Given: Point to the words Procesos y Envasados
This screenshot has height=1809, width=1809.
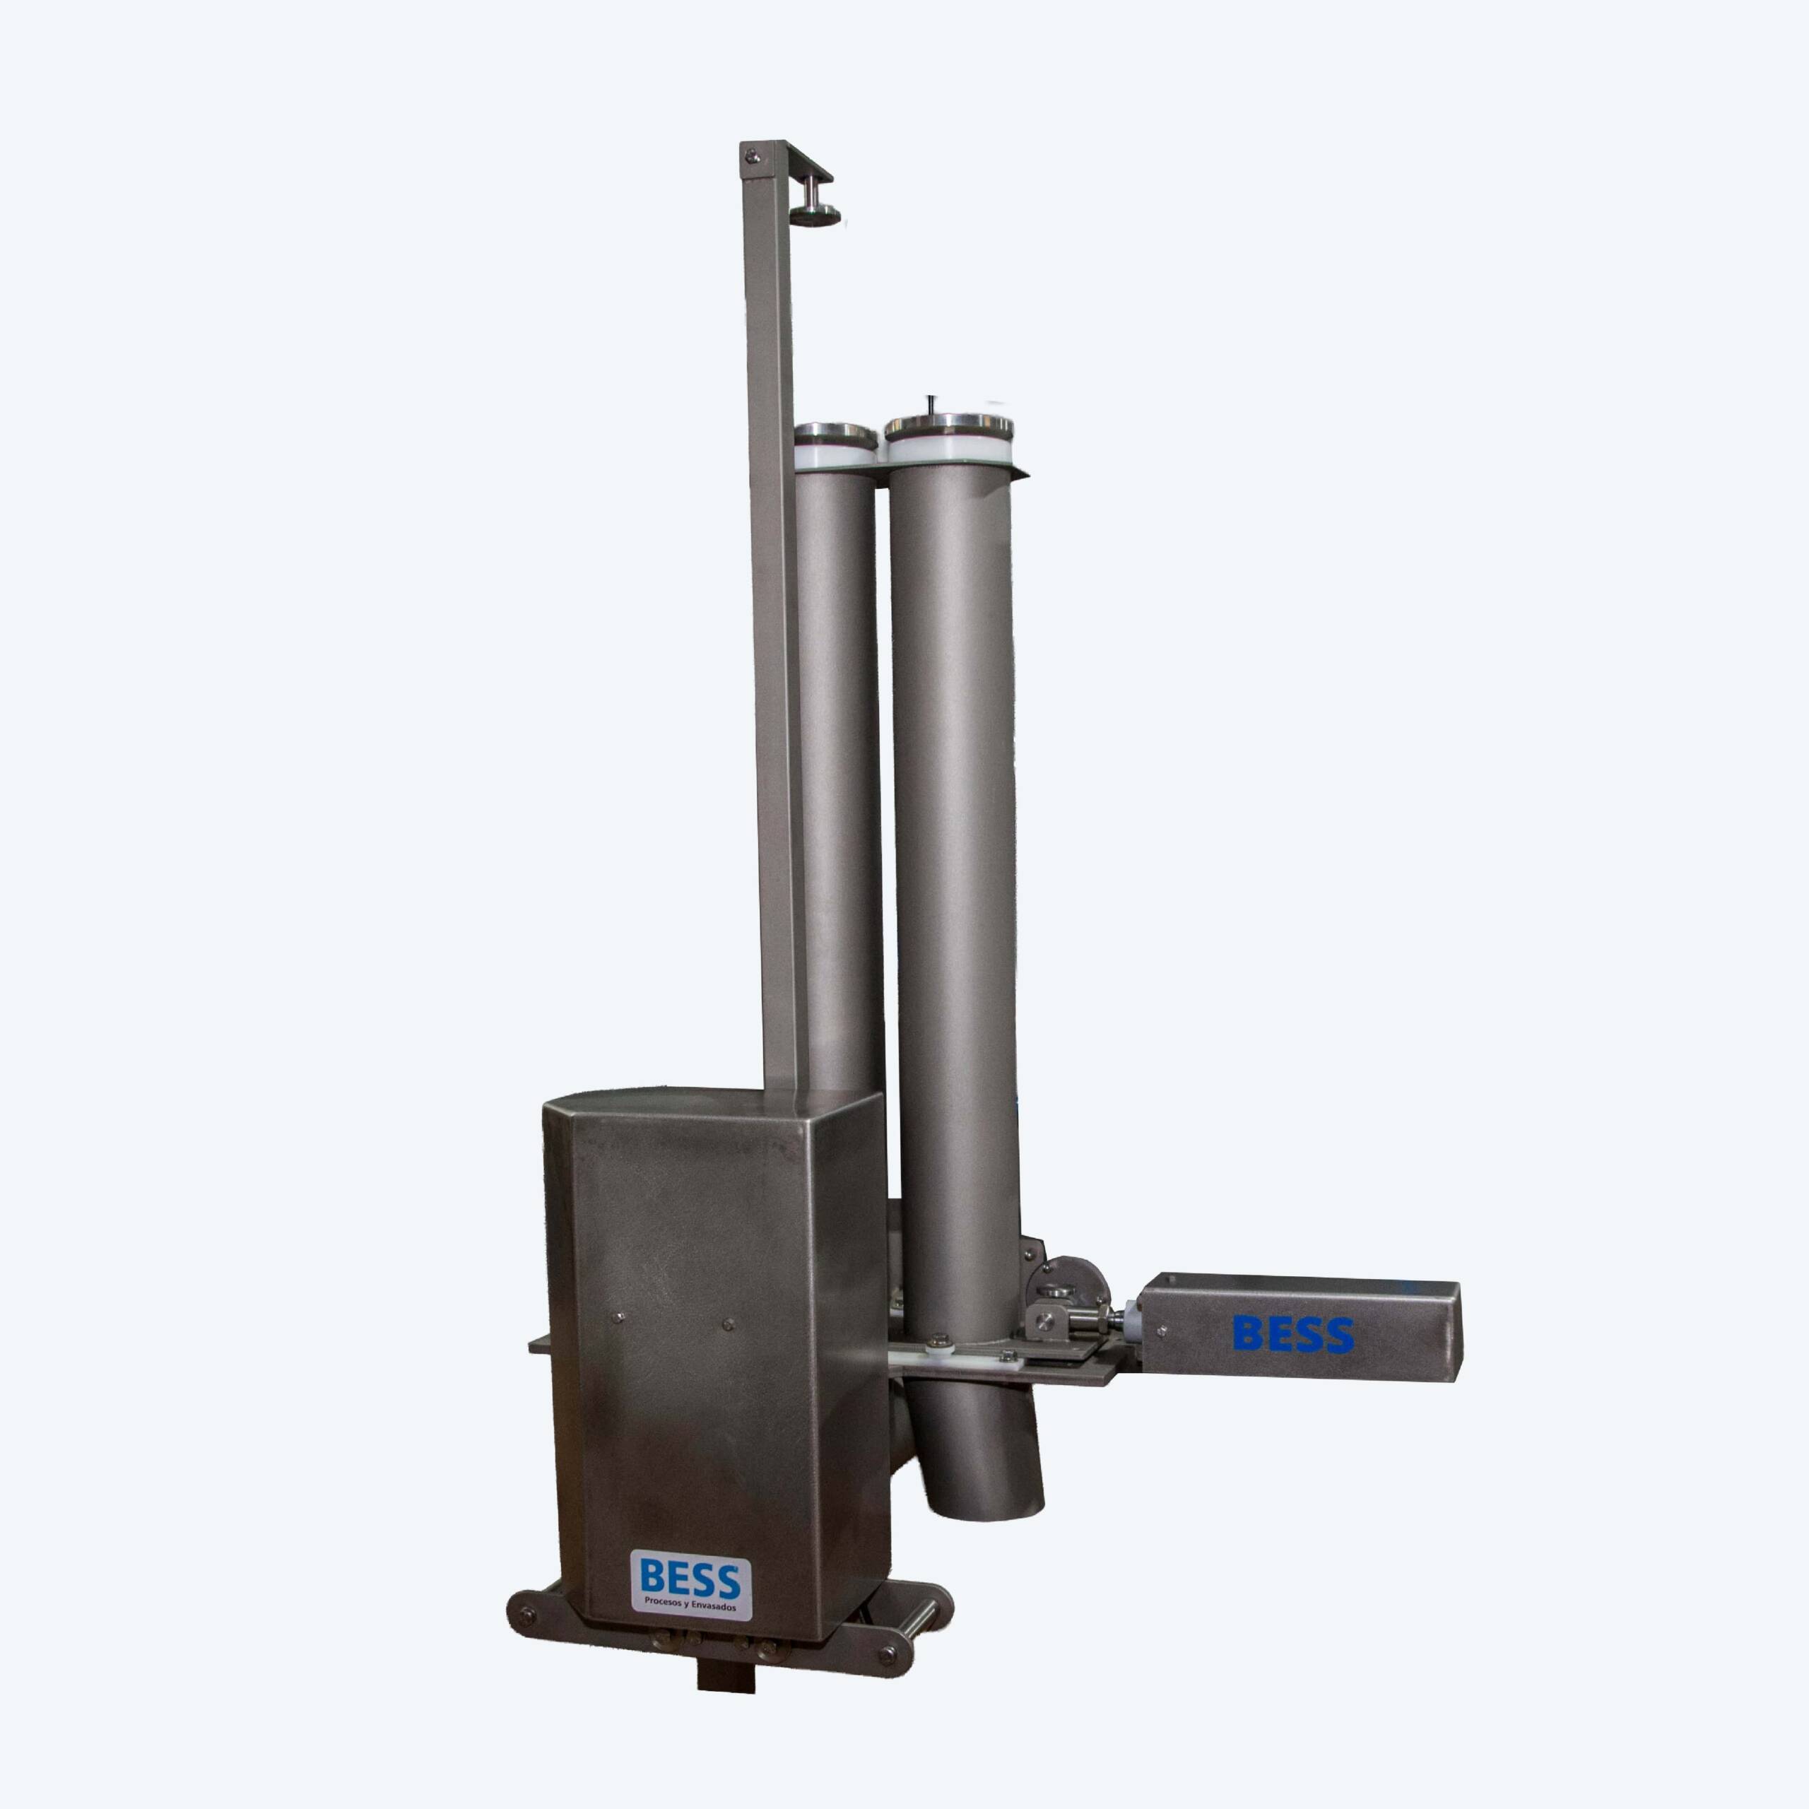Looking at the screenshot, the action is click(691, 1605).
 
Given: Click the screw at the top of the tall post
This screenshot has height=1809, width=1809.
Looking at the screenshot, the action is click(751, 158).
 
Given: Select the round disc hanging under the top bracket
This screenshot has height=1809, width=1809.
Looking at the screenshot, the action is click(815, 216).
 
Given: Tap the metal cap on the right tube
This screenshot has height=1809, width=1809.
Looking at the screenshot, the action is click(948, 429).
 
